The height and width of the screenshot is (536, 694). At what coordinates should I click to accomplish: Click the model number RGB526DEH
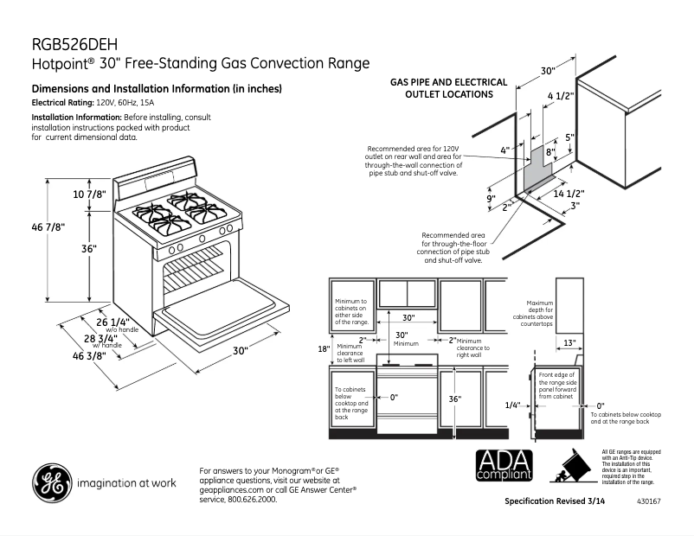(74, 44)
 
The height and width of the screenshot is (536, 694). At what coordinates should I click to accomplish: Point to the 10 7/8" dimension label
(89, 194)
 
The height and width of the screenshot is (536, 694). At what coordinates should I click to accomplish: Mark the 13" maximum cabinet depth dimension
(569, 343)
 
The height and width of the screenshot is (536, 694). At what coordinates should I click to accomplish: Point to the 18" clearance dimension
(323, 348)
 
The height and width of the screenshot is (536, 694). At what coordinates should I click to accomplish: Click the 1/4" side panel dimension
(513, 405)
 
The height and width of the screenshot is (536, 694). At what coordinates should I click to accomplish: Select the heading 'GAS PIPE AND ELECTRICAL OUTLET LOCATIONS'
(449, 87)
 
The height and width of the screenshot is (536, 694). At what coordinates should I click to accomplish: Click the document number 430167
(648, 502)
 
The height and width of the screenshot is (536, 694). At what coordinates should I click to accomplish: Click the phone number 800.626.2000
(252, 500)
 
